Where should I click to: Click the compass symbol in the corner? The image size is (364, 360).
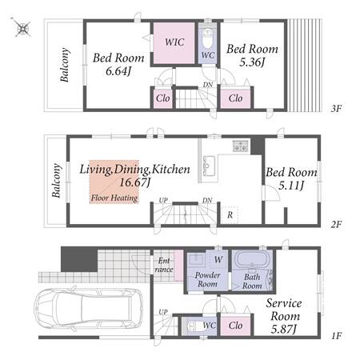pos(22,27)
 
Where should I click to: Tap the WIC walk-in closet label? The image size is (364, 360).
pos(174,42)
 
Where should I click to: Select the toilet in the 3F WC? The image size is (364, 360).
pos(207,39)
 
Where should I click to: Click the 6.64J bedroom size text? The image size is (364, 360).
pos(118,71)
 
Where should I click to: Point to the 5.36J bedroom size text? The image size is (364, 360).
pos(252,62)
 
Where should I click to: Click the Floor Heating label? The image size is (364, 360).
pos(114,198)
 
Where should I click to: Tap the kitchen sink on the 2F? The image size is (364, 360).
pos(210,166)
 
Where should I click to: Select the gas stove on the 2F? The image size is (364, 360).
pos(241,146)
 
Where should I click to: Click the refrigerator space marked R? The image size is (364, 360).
pos(230,214)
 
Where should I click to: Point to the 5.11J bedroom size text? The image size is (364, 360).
pos(291,186)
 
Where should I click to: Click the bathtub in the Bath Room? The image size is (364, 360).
pos(252,258)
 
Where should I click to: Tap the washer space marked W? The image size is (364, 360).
pos(218,259)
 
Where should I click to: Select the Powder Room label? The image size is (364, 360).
pos(207,279)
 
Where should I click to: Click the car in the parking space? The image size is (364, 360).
pos(88,308)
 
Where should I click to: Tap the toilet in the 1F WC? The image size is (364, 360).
pos(194,326)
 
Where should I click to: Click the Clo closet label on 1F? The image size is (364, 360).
pos(235,326)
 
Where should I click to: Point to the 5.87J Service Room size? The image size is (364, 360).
pos(283,330)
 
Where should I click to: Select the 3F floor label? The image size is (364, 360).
pos(336,109)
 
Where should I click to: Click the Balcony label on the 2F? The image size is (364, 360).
pos(56,181)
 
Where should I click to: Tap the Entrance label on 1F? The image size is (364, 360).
pos(164,265)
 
